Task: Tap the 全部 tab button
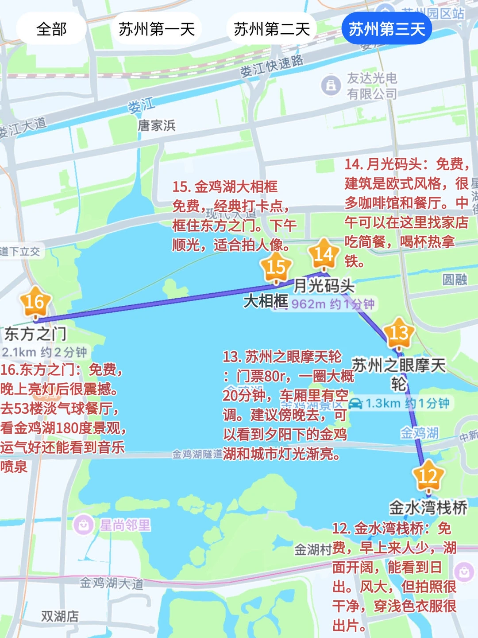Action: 51,29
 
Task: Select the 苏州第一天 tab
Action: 157,29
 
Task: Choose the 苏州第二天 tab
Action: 272,29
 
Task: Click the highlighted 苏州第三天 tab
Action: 387,29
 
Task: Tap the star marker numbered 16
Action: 35,302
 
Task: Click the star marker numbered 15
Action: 276,267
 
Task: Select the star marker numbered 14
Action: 324,254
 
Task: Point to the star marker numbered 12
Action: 428,477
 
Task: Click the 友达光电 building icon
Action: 331,85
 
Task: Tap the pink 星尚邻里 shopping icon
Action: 83,525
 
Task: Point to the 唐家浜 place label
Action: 157,126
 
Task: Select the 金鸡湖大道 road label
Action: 112,583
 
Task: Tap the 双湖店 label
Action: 60,616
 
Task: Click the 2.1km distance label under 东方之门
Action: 44,352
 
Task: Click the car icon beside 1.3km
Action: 355,404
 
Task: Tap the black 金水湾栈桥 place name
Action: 428,508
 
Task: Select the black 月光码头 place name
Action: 324,286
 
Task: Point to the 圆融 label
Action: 455,280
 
